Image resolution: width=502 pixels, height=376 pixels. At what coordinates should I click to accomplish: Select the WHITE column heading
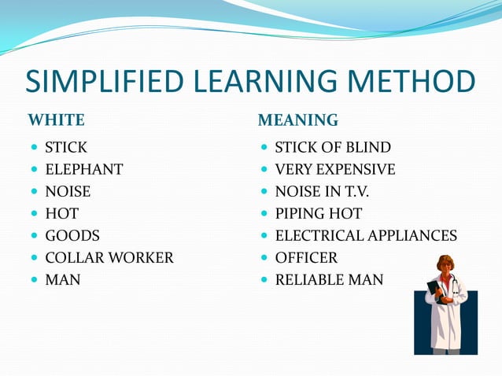tap(57, 120)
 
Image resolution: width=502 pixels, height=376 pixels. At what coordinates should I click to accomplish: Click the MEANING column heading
tap(298, 120)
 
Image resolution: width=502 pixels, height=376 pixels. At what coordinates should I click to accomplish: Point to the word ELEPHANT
tap(84, 169)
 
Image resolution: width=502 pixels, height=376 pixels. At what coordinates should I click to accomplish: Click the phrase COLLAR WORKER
tap(109, 257)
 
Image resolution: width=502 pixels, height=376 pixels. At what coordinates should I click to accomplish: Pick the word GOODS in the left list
tap(72, 235)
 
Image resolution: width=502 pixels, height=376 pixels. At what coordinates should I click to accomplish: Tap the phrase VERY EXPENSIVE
tap(335, 169)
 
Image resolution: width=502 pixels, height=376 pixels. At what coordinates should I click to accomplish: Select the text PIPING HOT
tap(319, 213)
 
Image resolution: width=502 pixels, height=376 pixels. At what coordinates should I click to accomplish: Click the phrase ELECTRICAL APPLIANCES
tap(366, 235)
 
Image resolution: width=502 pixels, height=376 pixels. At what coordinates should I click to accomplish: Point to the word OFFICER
tap(306, 257)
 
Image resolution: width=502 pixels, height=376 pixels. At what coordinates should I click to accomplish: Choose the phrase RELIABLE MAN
tap(329, 279)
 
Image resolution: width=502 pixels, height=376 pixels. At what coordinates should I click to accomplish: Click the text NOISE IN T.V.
tap(322, 191)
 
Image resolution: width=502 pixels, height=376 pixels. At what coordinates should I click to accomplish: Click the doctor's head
tap(445, 265)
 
